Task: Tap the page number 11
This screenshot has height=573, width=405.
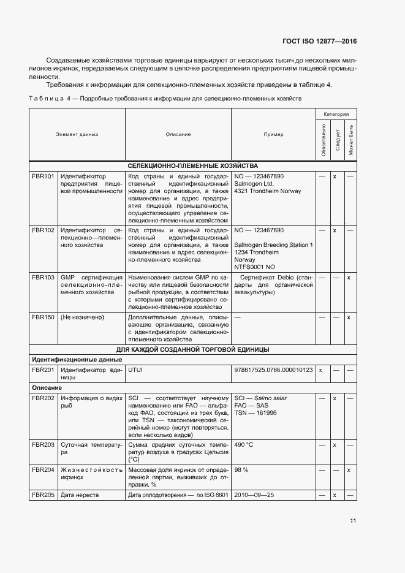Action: coord(352,521)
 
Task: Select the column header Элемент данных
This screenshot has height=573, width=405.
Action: coord(77,134)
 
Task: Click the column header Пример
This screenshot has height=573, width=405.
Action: coord(273,134)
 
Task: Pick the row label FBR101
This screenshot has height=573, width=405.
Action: coord(44,176)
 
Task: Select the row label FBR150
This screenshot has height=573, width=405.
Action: coord(44,317)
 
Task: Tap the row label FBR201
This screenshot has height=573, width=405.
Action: coord(44,370)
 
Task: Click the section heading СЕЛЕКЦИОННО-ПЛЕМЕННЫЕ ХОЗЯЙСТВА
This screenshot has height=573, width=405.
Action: coord(192,166)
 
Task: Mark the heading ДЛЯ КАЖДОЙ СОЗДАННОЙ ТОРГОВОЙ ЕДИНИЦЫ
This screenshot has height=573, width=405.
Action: coord(192,349)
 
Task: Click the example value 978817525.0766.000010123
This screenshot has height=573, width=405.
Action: coord(273,370)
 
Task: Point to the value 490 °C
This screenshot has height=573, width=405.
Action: coord(244,444)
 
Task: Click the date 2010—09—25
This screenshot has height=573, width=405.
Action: coord(253,495)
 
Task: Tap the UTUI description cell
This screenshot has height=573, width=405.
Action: coord(135,370)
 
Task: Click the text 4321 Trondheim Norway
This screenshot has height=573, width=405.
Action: coord(268,191)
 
